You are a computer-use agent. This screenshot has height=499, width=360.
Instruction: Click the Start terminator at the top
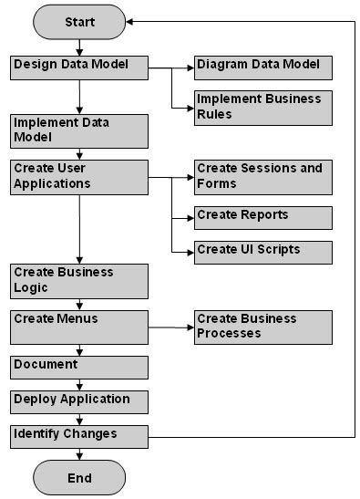click(79, 21)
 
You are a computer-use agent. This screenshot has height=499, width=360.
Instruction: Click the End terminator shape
click(79, 477)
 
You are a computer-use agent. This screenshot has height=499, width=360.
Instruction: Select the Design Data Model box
click(79, 68)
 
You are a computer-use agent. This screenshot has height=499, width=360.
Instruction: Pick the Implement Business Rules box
click(262, 108)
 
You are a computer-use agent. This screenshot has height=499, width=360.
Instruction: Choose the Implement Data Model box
click(79, 130)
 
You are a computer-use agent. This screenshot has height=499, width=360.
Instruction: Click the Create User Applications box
click(79, 177)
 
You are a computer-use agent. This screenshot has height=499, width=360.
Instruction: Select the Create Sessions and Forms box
click(262, 177)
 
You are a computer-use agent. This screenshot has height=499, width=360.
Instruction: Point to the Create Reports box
click(262, 217)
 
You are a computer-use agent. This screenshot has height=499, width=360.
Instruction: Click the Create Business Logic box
click(79, 281)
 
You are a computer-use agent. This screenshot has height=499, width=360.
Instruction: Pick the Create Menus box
click(79, 327)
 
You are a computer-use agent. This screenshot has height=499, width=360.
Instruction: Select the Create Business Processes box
click(262, 327)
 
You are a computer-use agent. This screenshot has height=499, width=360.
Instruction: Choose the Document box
click(79, 367)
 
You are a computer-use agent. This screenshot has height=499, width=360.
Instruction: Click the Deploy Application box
click(79, 401)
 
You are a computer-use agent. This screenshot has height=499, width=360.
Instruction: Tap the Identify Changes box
click(79, 436)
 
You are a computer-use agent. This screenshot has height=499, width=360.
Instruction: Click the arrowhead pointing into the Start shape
click(130, 21)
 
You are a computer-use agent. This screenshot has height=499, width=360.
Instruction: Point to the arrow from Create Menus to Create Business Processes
click(170, 327)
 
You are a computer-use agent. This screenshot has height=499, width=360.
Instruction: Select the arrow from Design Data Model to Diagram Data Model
click(170, 68)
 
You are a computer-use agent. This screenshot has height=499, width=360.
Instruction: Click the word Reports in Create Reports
click(265, 215)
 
